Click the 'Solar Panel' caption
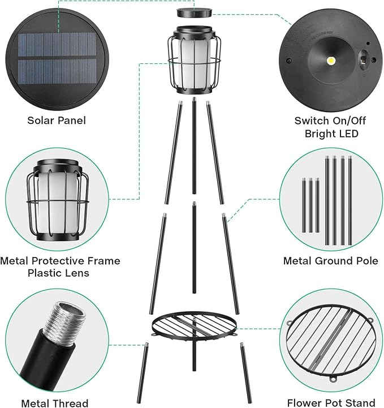coord(57,120)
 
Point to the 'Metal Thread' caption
coord(55,403)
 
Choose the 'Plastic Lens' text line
coord(60,273)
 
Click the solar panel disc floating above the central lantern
coord(194,12)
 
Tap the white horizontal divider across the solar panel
coord(57,56)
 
